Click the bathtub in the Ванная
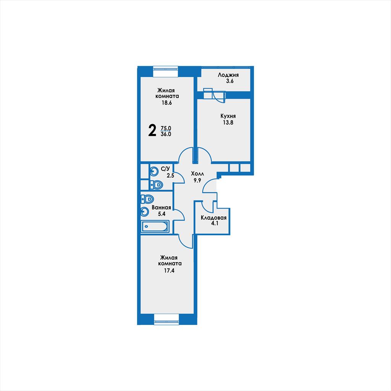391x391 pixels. click(155, 226)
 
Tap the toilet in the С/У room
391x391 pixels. click(156, 185)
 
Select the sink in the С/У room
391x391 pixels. click(154, 171)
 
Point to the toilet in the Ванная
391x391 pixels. click(147, 199)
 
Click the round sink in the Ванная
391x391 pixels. click(145, 212)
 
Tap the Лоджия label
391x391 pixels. click(228, 75)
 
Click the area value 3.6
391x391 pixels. click(229, 81)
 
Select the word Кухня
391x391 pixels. click(228, 116)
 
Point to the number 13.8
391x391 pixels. click(228, 123)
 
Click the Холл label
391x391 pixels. click(197, 174)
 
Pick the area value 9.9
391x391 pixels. click(197, 180)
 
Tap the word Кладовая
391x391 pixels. click(214, 218)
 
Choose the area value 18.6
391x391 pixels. click(166, 103)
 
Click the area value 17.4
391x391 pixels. click(169, 271)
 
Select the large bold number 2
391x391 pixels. click(152, 131)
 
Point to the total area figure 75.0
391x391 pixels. click(166, 128)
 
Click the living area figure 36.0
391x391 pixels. click(166, 134)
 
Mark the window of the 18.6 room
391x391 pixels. click(166, 71)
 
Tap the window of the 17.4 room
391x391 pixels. click(166, 319)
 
